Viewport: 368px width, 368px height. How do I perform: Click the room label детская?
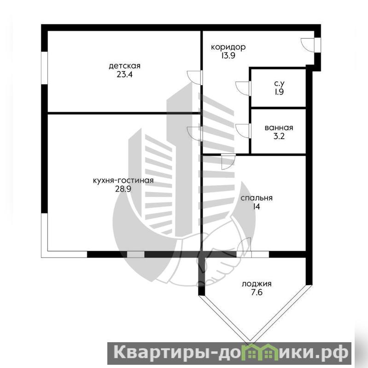coord(125,66)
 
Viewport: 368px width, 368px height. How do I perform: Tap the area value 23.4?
coord(125,75)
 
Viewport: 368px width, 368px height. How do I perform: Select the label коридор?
coord(228,47)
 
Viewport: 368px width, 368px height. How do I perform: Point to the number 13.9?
coord(228,56)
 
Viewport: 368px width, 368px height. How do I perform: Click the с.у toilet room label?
coord(279,83)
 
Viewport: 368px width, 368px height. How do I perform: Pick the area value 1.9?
coord(279,92)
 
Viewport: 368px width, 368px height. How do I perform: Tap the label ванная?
coord(279,128)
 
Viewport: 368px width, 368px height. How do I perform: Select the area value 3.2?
coord(279,136)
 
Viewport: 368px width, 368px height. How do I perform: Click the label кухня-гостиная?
coord(123,181)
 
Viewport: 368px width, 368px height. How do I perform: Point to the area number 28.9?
coord(123,189)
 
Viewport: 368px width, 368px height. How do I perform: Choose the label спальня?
coord(257,198)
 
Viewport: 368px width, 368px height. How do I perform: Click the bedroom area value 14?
coord(257,206)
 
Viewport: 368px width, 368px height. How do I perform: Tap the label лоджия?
coord(257,284)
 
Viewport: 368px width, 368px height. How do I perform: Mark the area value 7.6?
coord(257,292)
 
